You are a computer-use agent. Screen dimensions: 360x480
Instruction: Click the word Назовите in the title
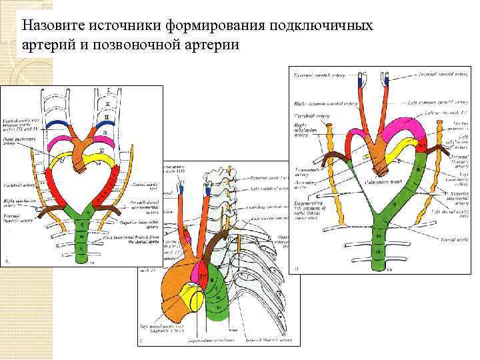(49, 26)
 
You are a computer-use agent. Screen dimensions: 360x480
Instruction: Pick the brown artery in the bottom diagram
(212, 244)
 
